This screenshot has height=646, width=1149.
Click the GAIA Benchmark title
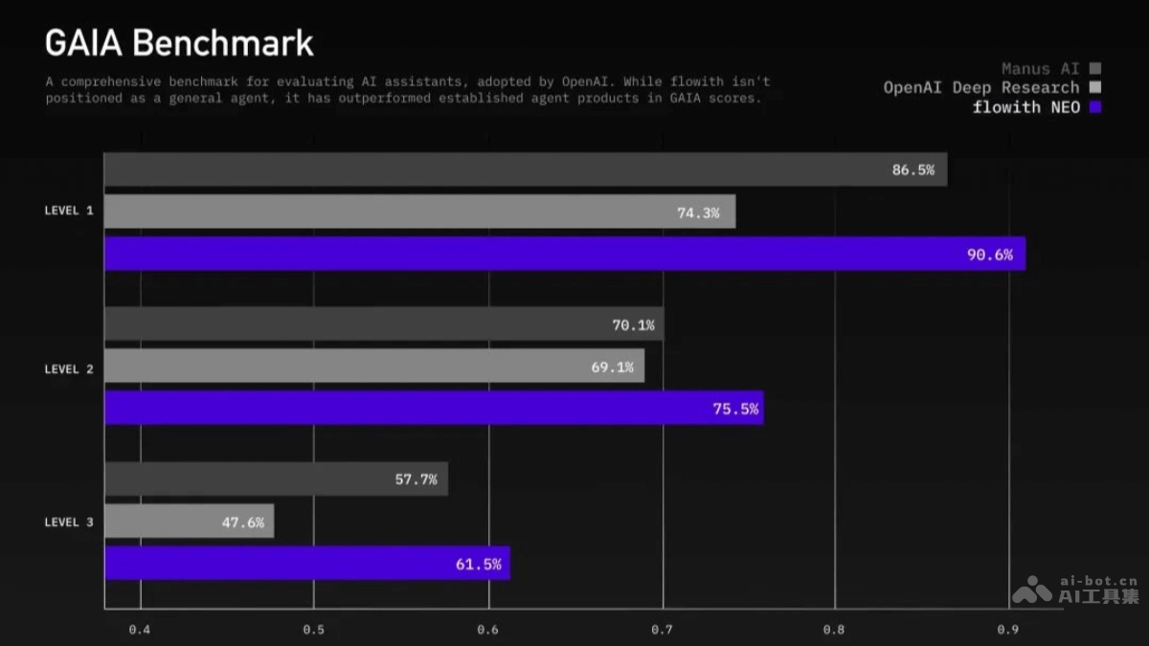179,43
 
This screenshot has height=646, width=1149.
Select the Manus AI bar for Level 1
525,169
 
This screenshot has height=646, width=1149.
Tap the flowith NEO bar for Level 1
564,254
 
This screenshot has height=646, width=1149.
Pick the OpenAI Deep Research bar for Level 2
373,366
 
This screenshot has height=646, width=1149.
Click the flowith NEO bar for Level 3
306,563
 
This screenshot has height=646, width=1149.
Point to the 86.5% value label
912,170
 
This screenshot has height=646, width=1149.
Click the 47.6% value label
242,523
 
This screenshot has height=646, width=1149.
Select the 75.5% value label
735,409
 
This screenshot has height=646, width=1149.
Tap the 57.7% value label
416,479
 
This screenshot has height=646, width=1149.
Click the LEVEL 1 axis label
69,211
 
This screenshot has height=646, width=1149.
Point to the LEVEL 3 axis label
69,523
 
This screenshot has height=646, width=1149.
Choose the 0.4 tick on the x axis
140,630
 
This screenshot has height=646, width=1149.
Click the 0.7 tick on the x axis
662,630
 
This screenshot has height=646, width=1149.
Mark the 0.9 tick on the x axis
1008,630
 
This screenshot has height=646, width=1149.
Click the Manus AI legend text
1040,69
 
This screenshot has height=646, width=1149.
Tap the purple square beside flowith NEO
1095,107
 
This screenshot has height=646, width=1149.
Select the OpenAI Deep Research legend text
981,88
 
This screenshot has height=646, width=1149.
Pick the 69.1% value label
612,367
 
